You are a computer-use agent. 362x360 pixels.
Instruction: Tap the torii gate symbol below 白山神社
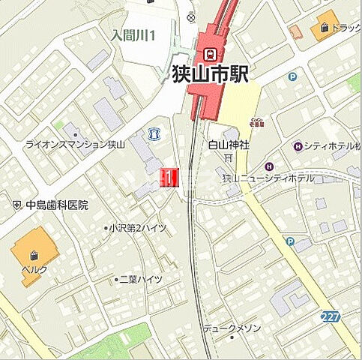(x=226, y=158)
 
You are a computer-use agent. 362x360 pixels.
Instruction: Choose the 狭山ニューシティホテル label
(x=269, y=178)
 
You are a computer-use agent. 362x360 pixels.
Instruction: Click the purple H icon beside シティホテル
(x=298, y=145)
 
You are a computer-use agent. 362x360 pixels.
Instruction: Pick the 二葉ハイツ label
(x=141, y=279)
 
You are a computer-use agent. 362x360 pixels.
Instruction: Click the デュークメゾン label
(x=232, y=328)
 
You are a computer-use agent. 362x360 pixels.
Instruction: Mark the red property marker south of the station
(x=169, y=177)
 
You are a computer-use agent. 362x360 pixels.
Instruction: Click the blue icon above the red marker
(x=154, y=133)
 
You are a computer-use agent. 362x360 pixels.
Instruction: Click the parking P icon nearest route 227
(x=290, y=241)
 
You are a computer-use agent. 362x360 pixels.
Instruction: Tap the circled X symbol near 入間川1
(x=191, y=16)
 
